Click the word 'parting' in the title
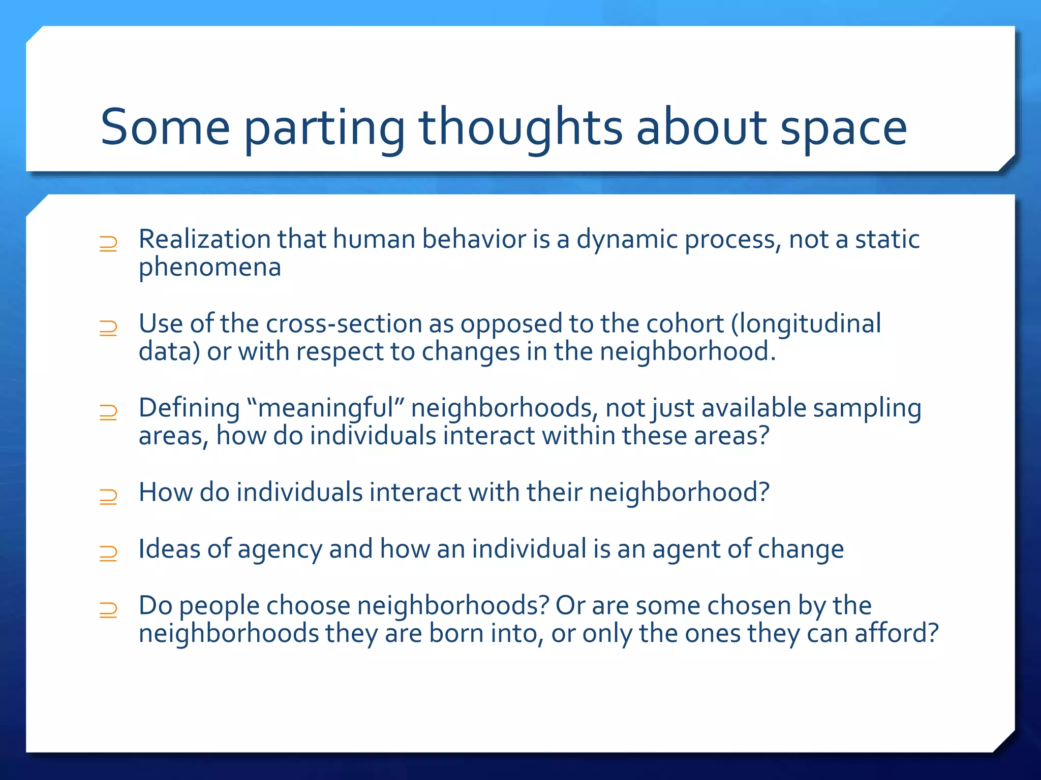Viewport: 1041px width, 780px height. click(x=324, y=129)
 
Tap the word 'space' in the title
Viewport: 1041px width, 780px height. click(x=843, y=129)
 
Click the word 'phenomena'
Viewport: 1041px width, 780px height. click(x=209, y=268)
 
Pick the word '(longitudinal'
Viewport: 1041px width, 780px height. click(x=806, y=324)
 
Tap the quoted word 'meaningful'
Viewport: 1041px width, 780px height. click(x=326, y=409)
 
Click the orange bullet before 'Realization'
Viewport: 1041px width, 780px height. click(x=108, y=244)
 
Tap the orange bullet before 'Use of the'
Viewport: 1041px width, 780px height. click(x=108, y=328)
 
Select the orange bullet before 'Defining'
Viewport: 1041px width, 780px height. click(x=108, y=412)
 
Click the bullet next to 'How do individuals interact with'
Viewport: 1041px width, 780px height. click(x=108, y=497)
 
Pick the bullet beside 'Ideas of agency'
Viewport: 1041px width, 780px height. click(x=108, y=553)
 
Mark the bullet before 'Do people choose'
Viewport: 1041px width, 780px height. click(x=108, y=609)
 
